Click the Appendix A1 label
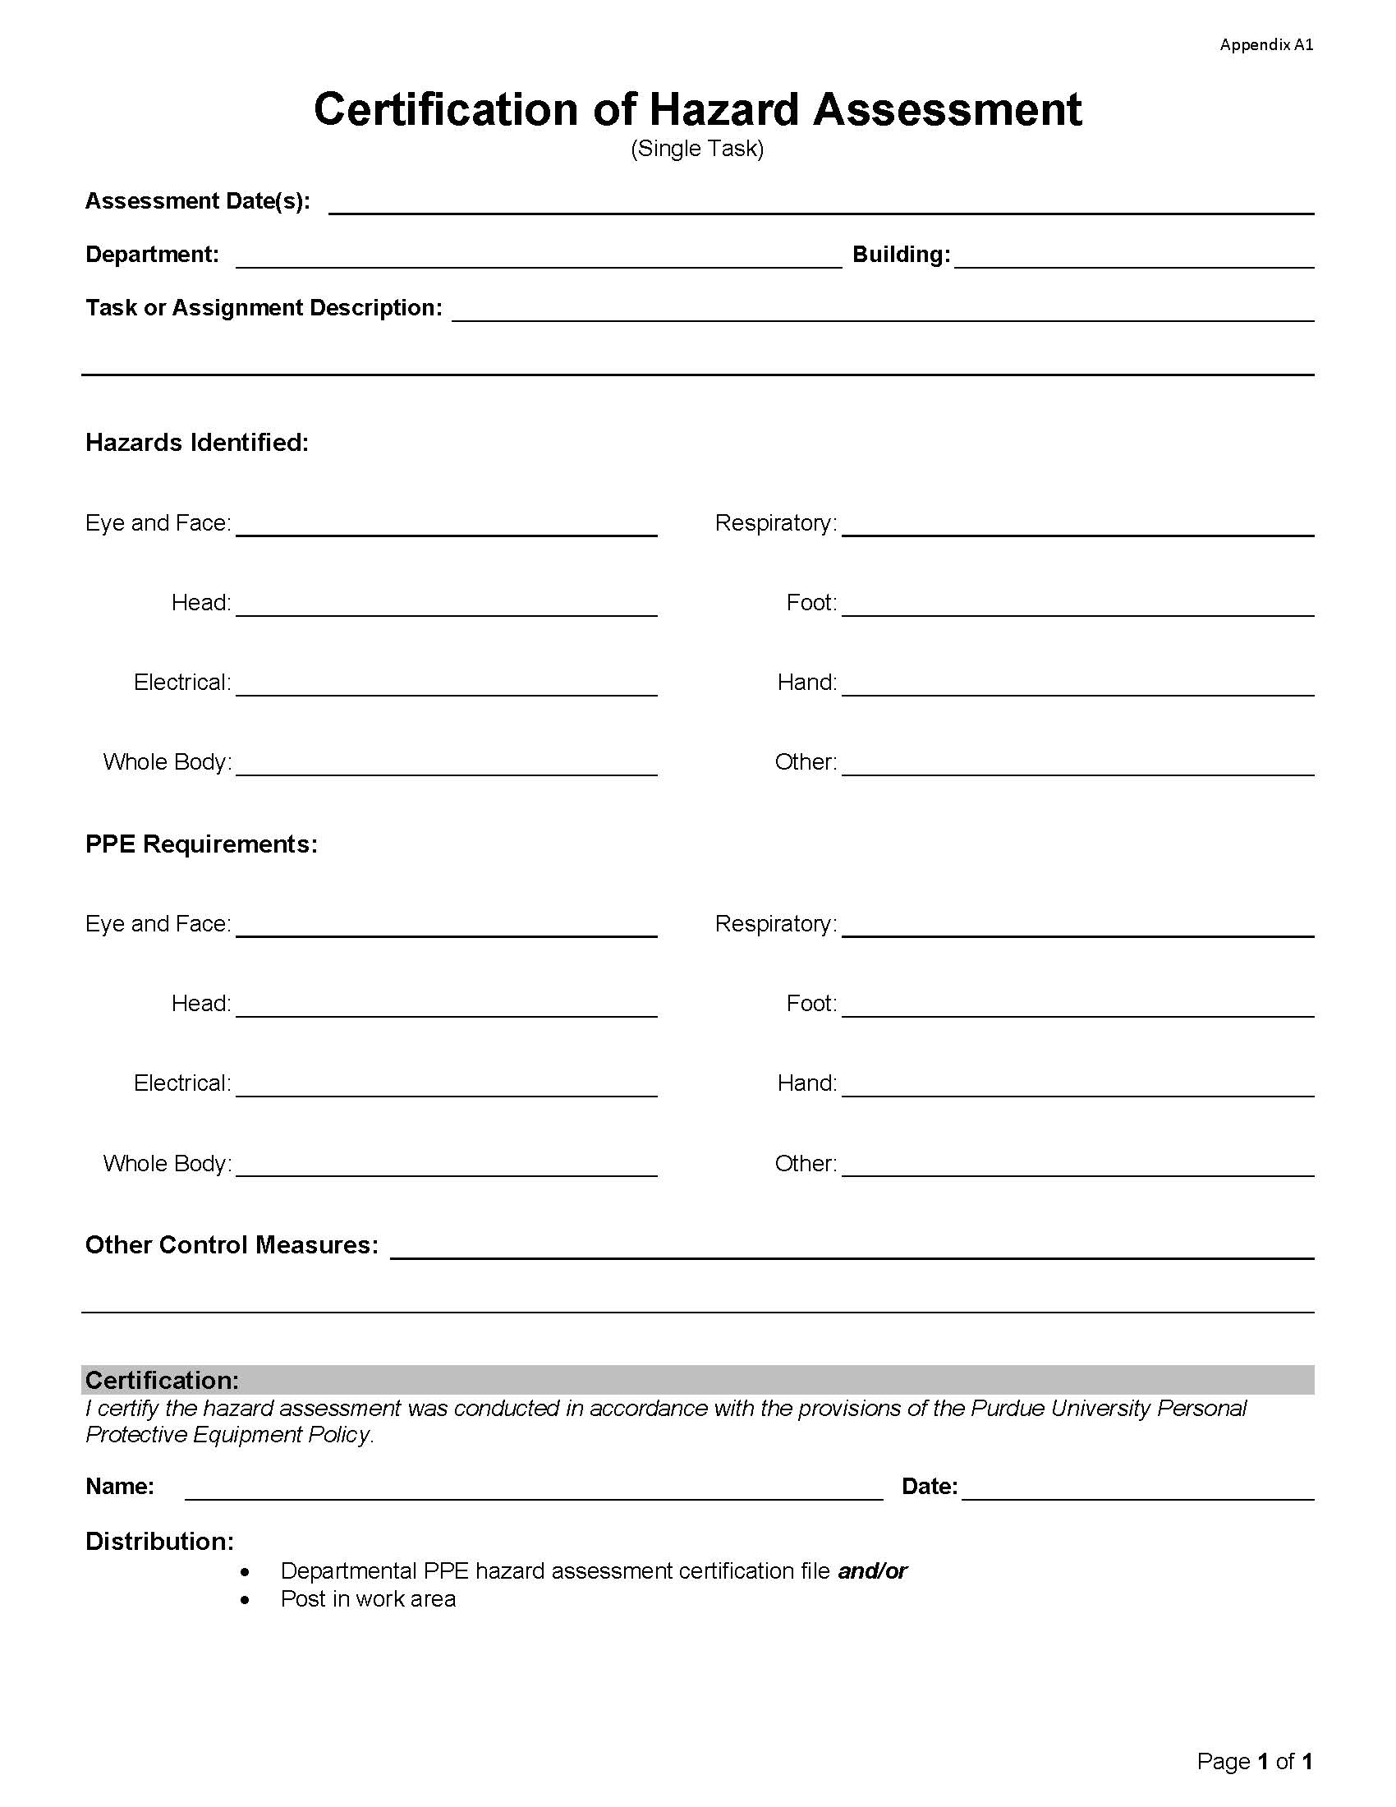[x=1265, y=44]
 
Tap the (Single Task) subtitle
[x=697, y=149]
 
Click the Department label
[x=152, y=255]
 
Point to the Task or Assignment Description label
[x=264, y=308]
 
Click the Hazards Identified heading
[x=197, y=443]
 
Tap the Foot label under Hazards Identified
[x=811, y=602]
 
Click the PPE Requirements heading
[x=201, y=844]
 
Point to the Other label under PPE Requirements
[x=805, y=1163]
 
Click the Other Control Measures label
[x=232, y=1245]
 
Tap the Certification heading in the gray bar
[x=162, y=1380]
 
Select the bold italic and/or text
[x=871, y=1571]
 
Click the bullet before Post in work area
[x=245, y=1599]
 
